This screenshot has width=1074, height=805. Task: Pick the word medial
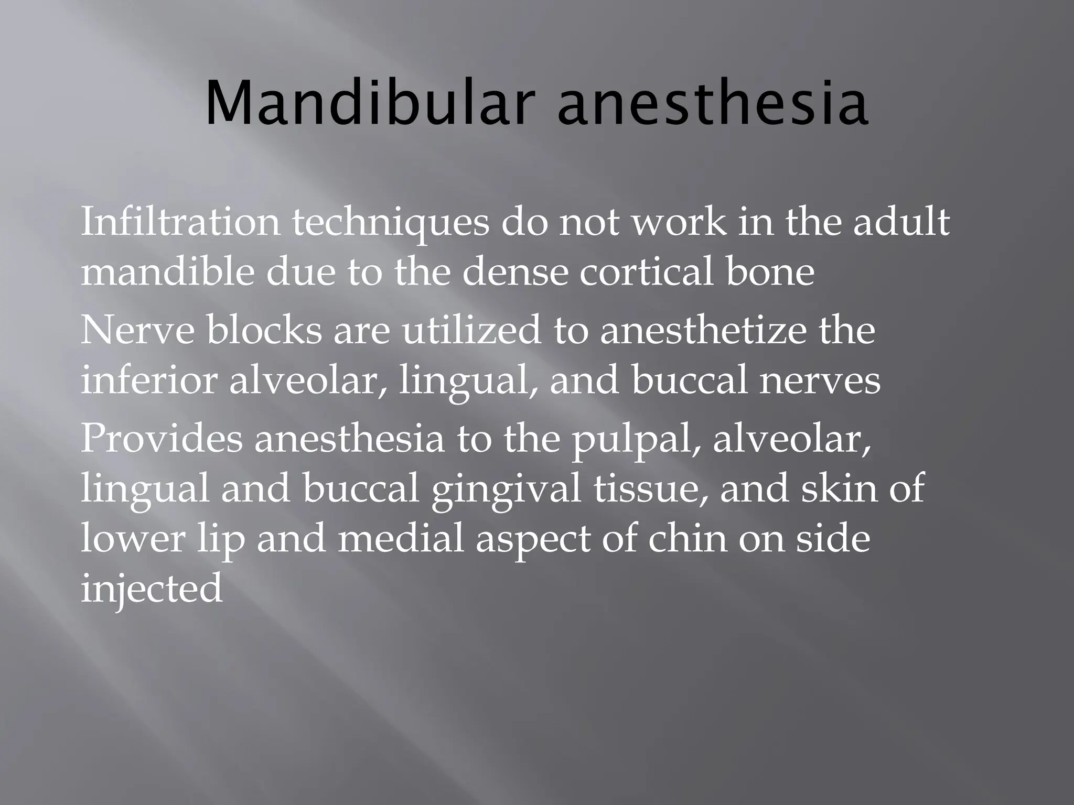click(401, 539)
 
